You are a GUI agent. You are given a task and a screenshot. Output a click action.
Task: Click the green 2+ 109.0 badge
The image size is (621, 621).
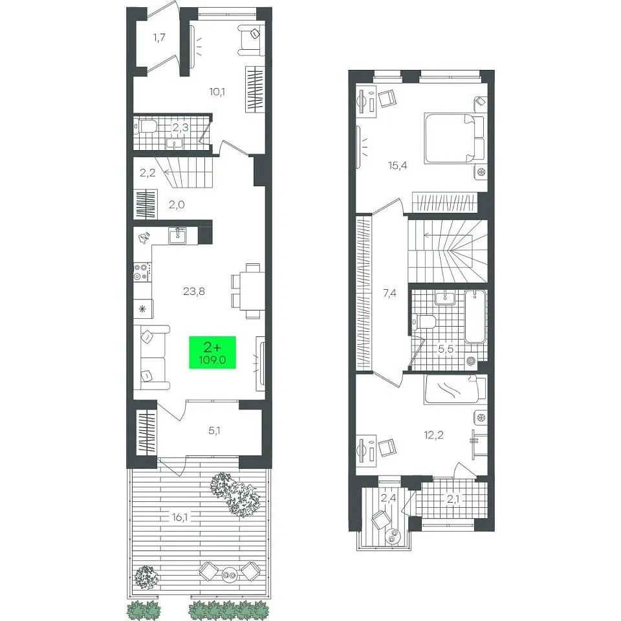point(212,352)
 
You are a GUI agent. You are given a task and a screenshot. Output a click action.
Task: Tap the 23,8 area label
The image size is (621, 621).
point(194,292)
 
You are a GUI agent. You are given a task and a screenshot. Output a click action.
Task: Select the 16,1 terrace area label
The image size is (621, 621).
point(180,517)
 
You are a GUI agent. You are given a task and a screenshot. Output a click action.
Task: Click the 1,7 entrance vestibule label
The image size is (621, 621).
point(159,38)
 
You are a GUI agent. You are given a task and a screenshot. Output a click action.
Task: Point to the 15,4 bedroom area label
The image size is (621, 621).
point(398,166)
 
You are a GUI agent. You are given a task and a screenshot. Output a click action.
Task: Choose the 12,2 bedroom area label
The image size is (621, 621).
point(433,435)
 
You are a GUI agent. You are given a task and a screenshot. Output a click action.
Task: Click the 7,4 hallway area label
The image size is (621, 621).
point(389,294)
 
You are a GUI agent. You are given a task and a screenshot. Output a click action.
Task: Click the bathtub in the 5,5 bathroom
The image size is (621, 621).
point(475,317)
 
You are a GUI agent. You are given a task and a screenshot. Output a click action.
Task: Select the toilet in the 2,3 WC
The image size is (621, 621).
point(146,127)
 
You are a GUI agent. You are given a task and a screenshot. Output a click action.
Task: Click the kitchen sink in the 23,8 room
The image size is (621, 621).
point(177,236)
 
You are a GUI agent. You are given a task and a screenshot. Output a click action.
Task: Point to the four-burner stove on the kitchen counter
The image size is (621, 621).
point(142,271)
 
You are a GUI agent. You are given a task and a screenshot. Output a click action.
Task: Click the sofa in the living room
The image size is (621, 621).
point(151,358)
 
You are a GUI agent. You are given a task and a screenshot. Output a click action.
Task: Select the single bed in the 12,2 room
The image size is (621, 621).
point(455,389)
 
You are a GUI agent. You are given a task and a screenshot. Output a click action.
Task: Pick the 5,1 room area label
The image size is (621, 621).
point(214,431)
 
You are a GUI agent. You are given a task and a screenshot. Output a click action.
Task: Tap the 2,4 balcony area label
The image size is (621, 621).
point(388,498)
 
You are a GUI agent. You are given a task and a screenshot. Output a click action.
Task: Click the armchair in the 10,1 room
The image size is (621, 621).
point(251,40)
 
